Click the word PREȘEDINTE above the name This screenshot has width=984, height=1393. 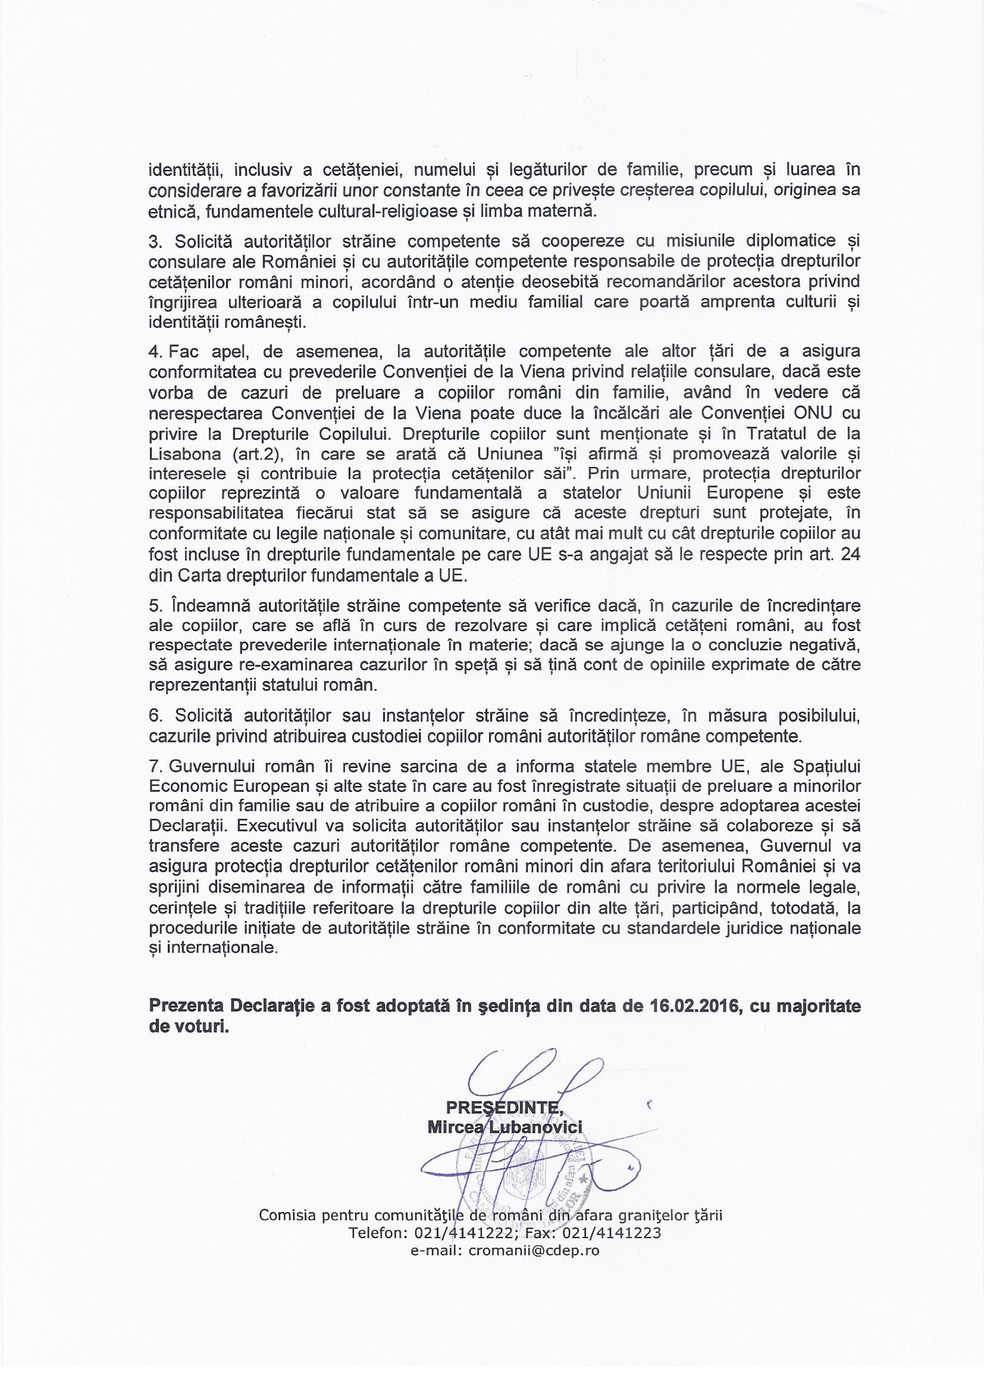point(504,1107)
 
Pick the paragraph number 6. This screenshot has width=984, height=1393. point(155,716)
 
